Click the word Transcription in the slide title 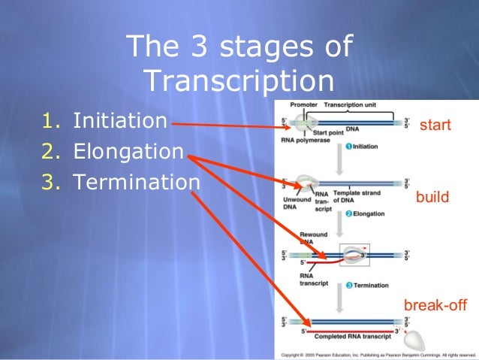click(x=239, y=80)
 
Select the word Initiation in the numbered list click(x=120, y=120)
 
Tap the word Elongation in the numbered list click(x=128, y=152)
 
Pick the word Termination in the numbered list click(x=137, y=183)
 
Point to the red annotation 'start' click(x=435, y=125)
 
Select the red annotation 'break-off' click(x=435, y=306)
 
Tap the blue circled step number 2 click(x=348, y=214)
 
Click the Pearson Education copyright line click(x=375, y=353)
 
